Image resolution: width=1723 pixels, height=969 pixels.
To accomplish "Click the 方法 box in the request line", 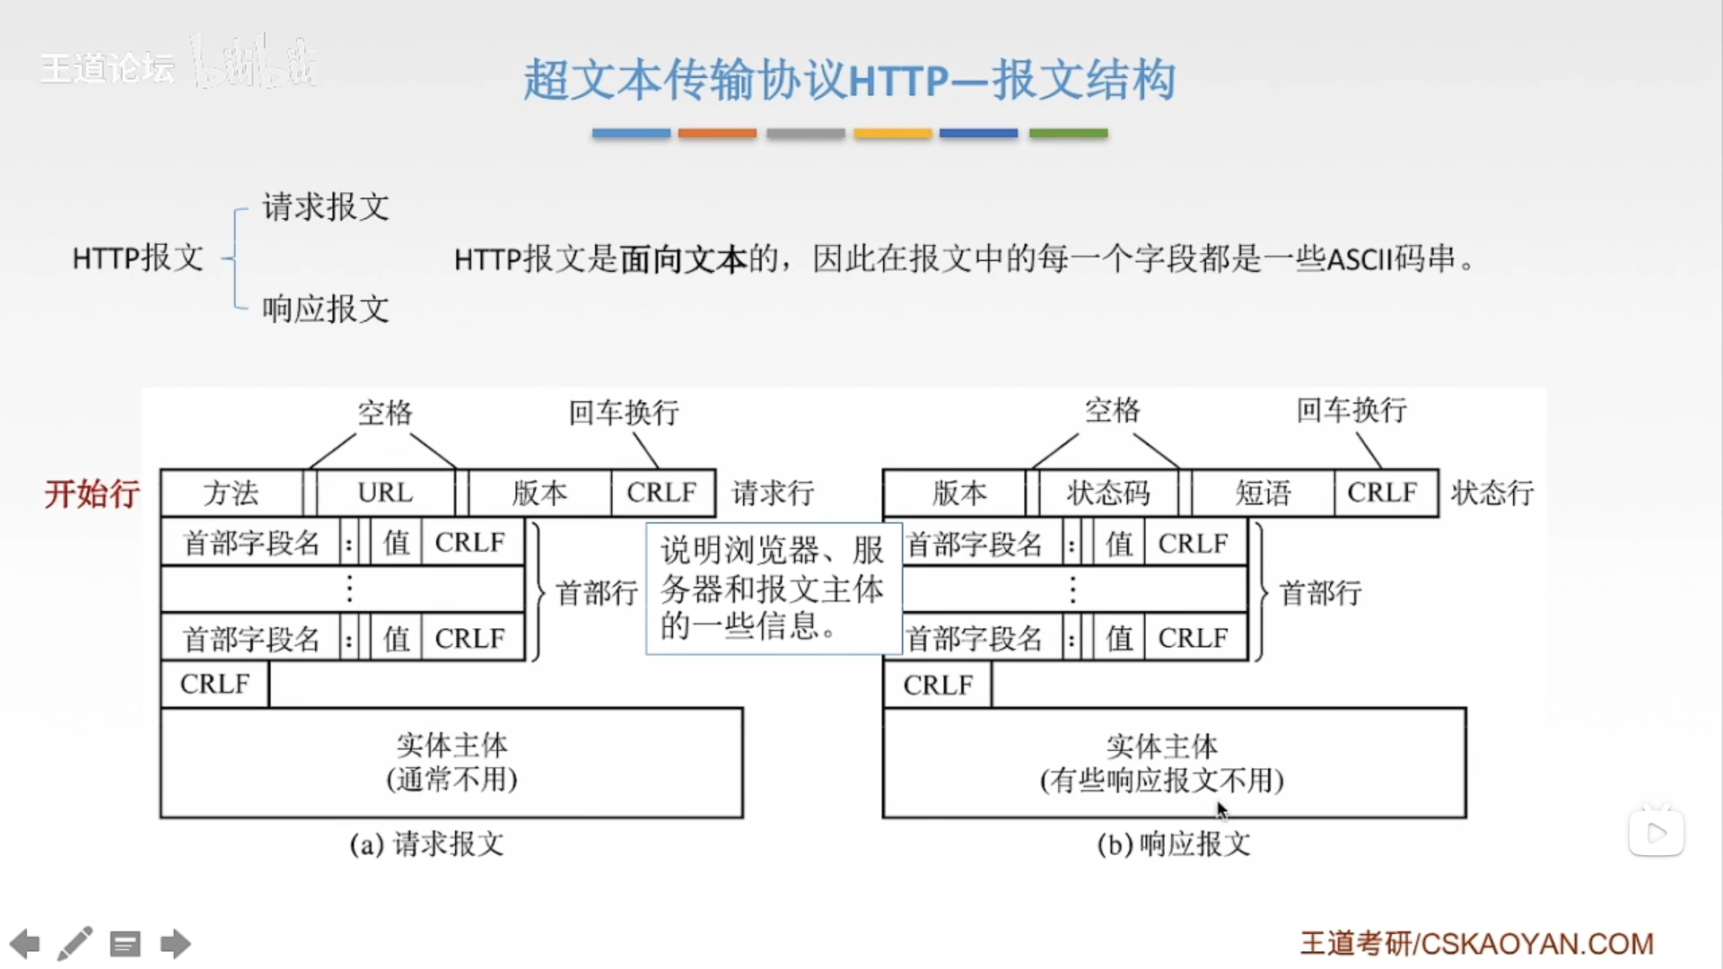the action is click(232, 493).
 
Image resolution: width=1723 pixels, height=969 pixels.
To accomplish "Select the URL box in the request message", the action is click(385, 493).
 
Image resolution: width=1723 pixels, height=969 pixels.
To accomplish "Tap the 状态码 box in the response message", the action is click(1107, 493).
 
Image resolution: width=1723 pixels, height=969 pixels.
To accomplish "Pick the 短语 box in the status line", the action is click(1263, 493).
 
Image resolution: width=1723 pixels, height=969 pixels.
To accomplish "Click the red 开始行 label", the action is click(92, 493).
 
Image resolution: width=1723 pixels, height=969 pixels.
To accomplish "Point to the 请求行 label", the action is click(773, 493).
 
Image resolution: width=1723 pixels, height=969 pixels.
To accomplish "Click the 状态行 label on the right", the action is click(1492, 493).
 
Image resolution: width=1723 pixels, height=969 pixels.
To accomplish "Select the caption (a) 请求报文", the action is click(427, 844).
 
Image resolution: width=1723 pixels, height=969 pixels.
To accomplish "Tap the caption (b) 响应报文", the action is click(1174, 844).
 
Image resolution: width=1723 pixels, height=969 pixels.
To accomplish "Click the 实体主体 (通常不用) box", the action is click(451, 763).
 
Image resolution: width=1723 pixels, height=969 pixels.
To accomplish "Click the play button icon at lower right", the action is click(1657, 833).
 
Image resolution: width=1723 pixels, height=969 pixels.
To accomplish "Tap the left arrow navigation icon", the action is click(25, 944).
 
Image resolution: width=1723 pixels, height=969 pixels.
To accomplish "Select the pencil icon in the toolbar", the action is click(75, 944).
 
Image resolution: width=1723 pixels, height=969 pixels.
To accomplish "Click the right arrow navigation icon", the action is click(175, 944).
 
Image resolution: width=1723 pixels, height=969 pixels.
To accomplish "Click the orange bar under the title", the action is click(717, 133).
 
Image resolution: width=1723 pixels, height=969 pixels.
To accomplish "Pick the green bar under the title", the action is click(1068, 133).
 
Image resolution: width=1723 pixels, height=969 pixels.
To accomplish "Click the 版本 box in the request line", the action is click(539, 493).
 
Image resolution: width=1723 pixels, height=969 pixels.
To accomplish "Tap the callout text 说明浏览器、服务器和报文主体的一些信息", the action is click(773, 589).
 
